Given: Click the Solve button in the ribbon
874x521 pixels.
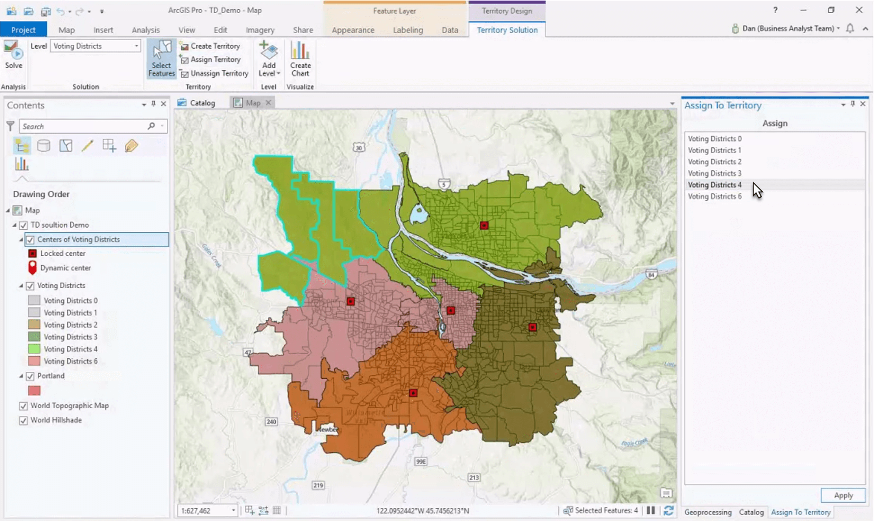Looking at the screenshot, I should coord(13,55).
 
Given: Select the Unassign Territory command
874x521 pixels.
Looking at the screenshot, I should coord(215,74).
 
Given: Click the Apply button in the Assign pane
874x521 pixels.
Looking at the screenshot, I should coord(843,495).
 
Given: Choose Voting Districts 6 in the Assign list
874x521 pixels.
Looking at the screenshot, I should coord(714,196).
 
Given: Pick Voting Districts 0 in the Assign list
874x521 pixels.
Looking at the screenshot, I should coord(714,139).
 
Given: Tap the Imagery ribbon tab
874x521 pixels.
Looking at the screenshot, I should coord(260,30).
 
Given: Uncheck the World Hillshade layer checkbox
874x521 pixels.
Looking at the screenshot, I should coord(23,421).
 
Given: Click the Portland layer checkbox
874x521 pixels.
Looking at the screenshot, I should coord(30,376).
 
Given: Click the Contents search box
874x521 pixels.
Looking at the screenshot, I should coord(84,126).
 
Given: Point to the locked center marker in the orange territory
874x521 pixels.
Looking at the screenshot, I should coord(413,393).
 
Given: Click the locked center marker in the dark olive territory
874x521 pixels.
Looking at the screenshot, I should coord(533,328).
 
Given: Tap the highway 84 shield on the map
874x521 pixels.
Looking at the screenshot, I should coord(651,275).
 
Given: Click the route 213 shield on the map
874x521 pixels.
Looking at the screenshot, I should coord(474,478).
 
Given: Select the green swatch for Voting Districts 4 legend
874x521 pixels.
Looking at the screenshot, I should coord(34,349).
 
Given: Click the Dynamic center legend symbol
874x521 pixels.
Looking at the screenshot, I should coord(32,268).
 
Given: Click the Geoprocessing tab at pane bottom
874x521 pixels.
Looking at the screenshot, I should coord(708,513).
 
